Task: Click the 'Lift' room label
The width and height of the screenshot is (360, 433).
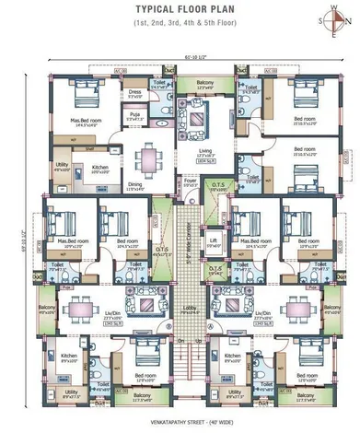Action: (x=213, y=241)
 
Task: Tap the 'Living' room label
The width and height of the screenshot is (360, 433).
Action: (x=193, y=152)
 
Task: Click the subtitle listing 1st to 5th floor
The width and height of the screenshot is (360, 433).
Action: (x=180, y=30)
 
